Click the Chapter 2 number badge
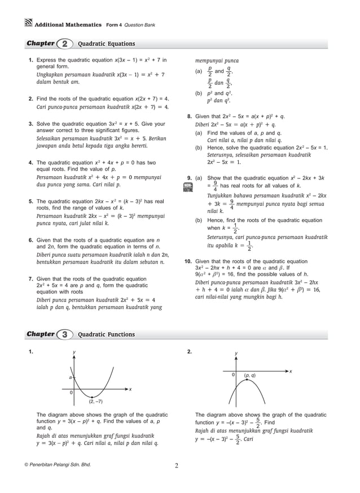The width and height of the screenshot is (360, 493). (x=65, y=43)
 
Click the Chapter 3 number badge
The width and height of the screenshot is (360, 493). (x=65, y=334)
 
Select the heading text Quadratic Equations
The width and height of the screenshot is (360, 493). (x=106, y=43)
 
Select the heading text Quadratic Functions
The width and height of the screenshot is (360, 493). (x=106, y=334)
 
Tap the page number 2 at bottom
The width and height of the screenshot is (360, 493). (x=176, y=466)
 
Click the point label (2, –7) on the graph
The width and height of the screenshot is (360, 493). (x=95, y=402)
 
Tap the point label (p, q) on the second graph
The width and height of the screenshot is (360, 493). (x=249, y=375)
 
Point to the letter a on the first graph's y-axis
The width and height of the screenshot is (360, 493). (x=71, y=377)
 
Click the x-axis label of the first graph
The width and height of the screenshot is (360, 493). (x=130, y=389)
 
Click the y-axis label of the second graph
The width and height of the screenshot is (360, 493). (x=236, y=354)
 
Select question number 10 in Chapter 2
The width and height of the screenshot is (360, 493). (x=188, y=261)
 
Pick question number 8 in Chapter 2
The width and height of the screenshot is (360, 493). (x=190, y=116)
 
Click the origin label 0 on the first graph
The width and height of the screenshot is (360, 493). (x=71, y=392)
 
